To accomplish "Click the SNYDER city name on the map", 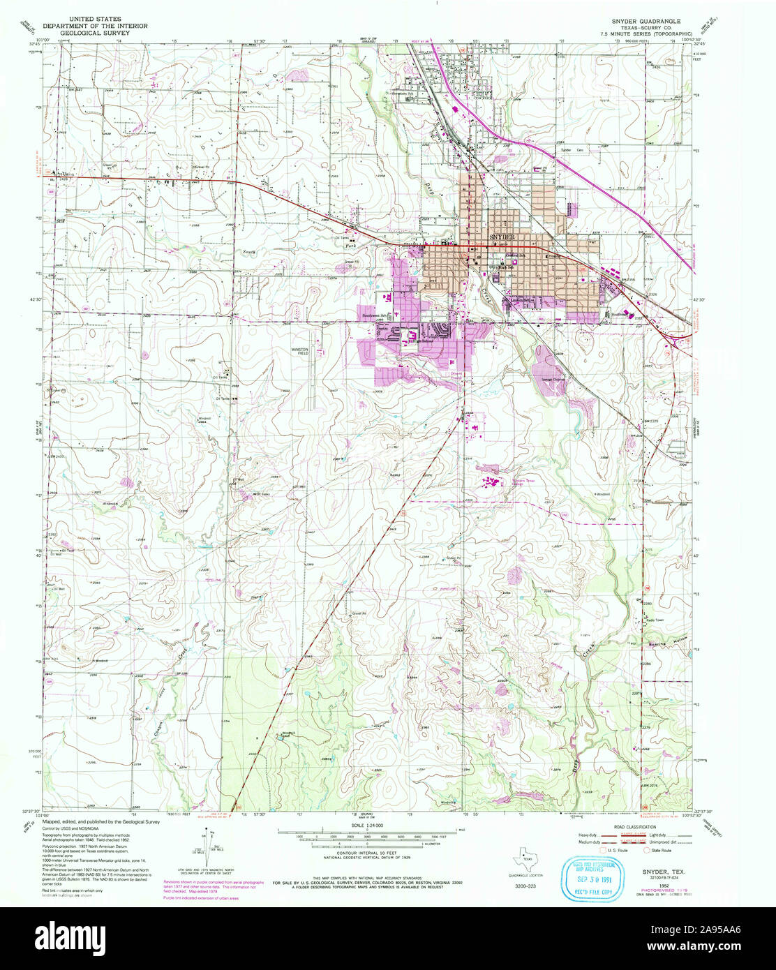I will click(x=506, y=237).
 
